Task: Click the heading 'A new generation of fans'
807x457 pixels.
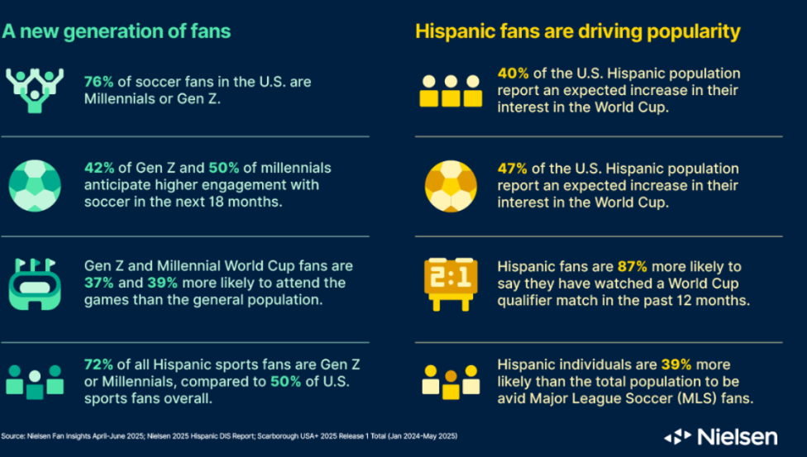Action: [x=116, y=32]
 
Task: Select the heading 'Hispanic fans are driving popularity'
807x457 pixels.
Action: [x=577, y=32]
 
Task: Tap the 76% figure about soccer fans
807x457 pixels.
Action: [x=99, y=82]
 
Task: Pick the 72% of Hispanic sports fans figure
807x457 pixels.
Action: [x=99, y=364]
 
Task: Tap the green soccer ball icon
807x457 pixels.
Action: [x=35, y=184]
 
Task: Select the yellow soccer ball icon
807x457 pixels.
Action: [x=451, y=184]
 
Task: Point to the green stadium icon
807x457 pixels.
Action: [x=35, y=283]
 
